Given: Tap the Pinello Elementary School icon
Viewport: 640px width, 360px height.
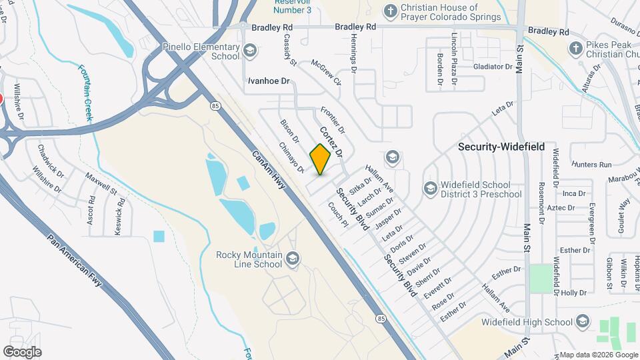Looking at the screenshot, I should coord(250,50).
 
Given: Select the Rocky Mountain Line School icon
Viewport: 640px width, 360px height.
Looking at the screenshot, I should coord(293,258).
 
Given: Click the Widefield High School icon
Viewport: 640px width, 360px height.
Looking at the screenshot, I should coord(583,322).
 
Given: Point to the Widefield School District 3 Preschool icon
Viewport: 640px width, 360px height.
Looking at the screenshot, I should coord(430,188).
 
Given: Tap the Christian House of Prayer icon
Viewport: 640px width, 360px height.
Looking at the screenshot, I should coord(391,11).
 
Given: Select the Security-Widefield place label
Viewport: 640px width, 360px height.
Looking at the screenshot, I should coord(501,147).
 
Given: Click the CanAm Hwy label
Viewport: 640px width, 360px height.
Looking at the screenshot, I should coord(269,169).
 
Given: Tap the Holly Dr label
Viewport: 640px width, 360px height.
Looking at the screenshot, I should coord(573,293).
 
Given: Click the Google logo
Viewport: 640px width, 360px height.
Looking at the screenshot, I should coord(22,352).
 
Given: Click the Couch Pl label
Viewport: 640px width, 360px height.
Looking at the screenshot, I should coord(337,213).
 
